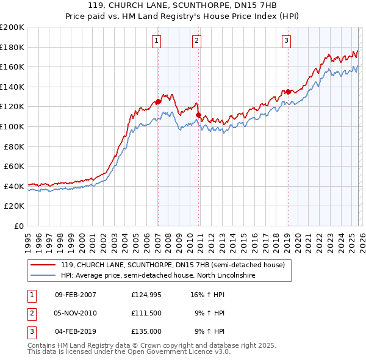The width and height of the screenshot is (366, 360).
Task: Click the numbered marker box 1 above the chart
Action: click(x=157, y=41)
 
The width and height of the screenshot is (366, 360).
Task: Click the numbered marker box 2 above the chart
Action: click(x=197, y=41)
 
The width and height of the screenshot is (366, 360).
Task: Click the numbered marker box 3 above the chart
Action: click(x=286, y=41)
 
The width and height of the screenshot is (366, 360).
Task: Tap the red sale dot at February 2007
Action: click(x=158, y=102)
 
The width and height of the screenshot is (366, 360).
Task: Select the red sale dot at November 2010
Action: click(x=198, y=115)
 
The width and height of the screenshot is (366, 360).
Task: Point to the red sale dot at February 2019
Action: click(x=287, y=92)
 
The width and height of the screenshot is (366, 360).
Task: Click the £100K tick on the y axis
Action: click(x=12, y=126)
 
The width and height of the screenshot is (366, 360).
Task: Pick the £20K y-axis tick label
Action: click(x=15, y=206)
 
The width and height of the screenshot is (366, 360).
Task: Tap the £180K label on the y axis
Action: click(x=12, y=47)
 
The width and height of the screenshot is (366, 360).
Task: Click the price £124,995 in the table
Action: click(x=145, y=294)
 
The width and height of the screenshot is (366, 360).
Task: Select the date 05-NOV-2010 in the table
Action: click(x=75, y=312)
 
